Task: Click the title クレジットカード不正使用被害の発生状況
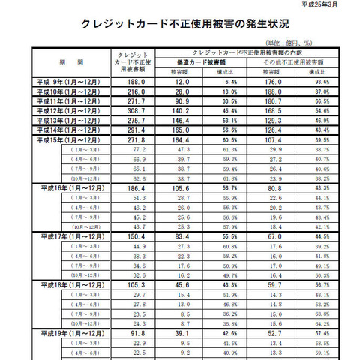pyautogui.click(x=179, y=23)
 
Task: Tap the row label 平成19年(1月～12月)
pyautogui.click(x=70, y=332)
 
